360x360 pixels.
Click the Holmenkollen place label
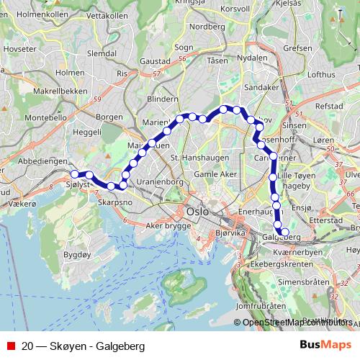coord(42,14)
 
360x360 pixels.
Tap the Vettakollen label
coord(107,15)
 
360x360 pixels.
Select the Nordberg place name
coord(207,26)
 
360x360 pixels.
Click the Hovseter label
coord(19,49)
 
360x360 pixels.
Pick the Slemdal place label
coord(102,53)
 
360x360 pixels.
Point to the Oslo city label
coord(197,212)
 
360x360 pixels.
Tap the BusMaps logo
coord(325,346)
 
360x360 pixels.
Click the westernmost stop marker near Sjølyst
coord(74,174)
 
